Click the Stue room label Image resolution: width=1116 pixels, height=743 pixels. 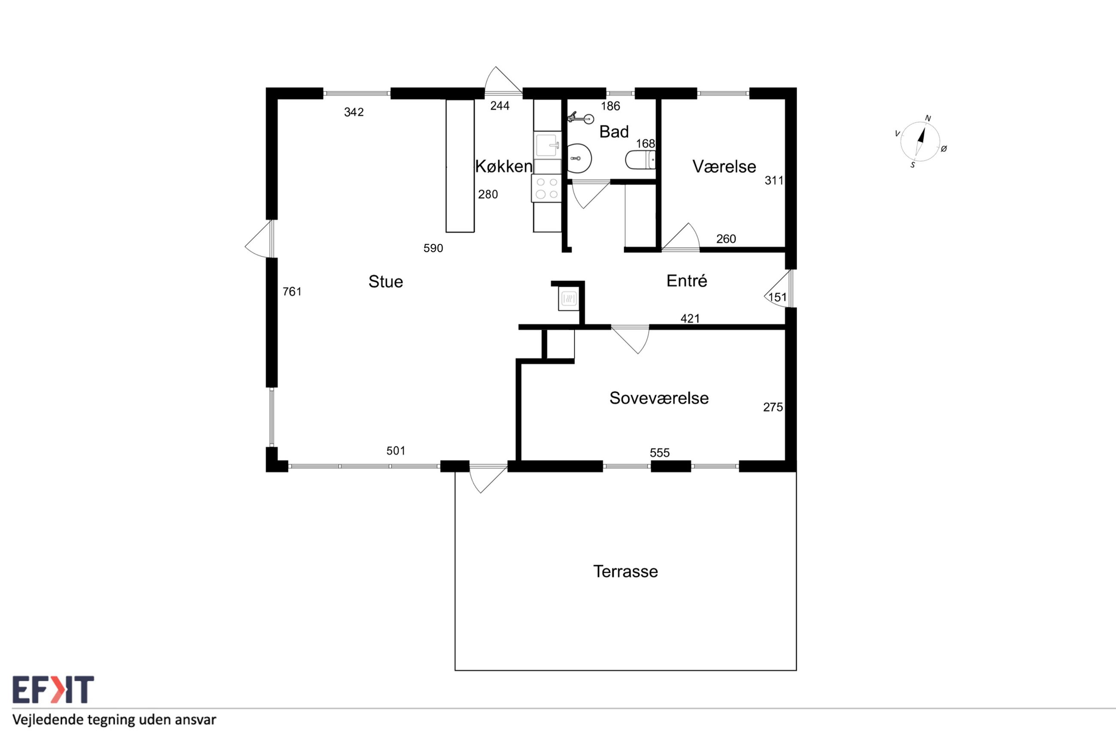pos(385,282)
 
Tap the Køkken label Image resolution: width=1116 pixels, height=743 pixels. pos(503,166)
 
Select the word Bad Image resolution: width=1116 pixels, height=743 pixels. pos(614,132)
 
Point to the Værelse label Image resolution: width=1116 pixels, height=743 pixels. pos(724,166)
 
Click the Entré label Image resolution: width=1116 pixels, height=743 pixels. pos(686,281)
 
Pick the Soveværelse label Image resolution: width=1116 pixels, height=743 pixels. pos(659,398)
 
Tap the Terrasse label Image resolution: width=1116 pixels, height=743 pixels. pos(625,572)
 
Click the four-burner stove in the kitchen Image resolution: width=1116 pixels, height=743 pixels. pos(546,188)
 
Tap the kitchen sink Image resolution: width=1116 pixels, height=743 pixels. pos(547,145)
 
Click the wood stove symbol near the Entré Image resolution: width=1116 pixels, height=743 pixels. pos(569,298)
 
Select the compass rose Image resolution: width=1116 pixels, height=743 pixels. pos(920,141)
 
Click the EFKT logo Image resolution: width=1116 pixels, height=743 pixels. pos(53,689)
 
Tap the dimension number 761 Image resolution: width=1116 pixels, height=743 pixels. pos(292,292)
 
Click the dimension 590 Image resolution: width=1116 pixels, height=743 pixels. pos(433,248)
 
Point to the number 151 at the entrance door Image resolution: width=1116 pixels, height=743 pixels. pos(777,298)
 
